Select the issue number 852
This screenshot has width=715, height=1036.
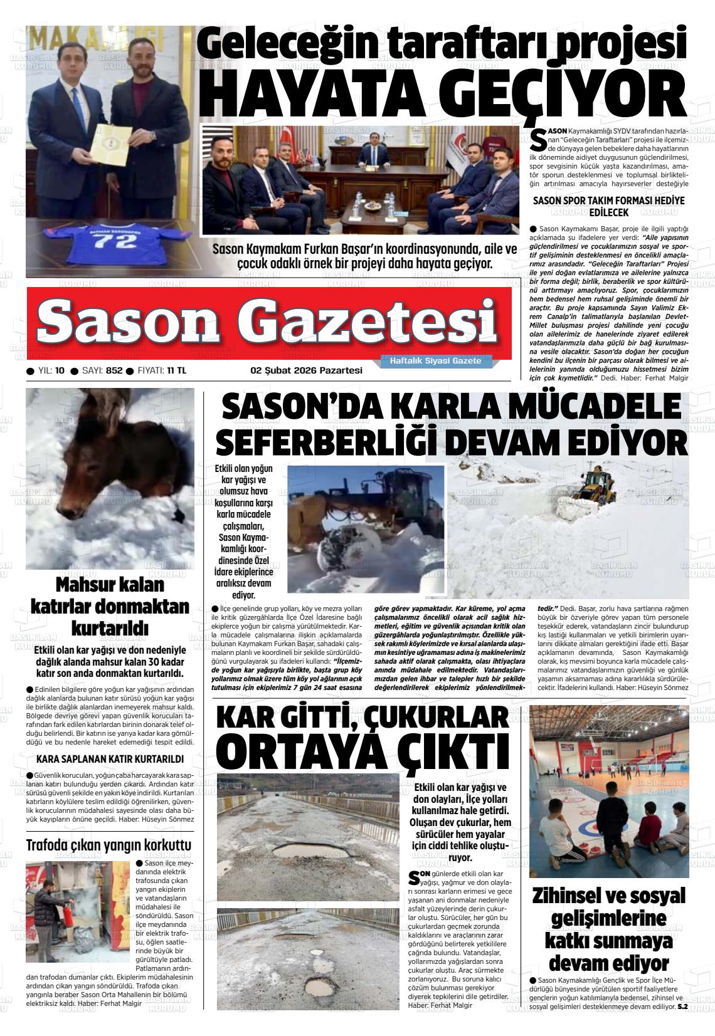(114, 370)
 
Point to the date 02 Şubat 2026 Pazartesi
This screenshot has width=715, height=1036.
(306, 370)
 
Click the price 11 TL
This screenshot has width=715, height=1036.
(176, 370)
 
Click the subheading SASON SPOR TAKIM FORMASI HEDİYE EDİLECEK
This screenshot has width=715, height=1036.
(608, 206)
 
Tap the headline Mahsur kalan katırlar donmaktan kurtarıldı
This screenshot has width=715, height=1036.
(110, 607)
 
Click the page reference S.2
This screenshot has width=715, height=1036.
(683, 1007)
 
